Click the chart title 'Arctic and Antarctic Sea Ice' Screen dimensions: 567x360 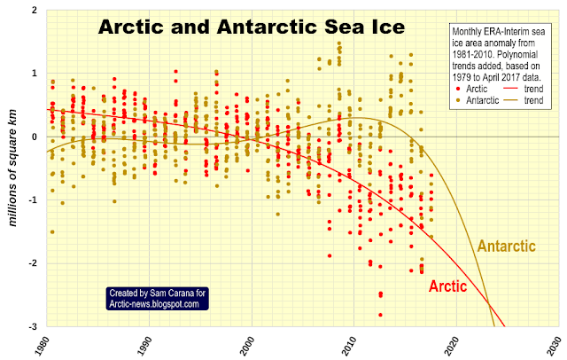(x=252, y=27)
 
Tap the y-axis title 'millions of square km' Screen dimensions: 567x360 (x=13, y=168)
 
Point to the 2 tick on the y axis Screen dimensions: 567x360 (x=35, y=10)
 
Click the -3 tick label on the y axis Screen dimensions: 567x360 (x=34, y=326)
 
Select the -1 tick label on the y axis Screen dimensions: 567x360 (x=34, y=200)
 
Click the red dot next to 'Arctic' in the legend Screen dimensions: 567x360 (x=458, y=89)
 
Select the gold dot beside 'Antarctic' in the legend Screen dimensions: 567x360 (x=458, y=100)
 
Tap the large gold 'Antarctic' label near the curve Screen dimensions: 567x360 (x=506, y=246)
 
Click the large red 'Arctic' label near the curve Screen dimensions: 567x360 (x=447, y=286)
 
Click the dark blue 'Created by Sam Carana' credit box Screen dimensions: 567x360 (x=158, y=298)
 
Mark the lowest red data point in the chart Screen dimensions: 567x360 (x=380, y=315)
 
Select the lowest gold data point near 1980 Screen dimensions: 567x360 (x=52, y=232)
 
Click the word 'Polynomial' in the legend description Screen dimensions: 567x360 (x=520, y=55)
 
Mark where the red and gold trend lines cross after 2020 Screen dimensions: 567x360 (x=488, y=305)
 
